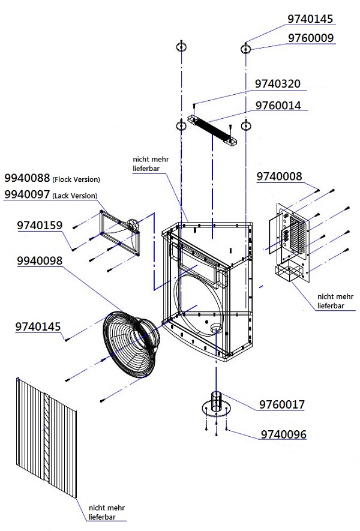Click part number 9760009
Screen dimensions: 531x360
310,38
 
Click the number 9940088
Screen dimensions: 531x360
28,178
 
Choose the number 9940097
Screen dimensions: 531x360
28,195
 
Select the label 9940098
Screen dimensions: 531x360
40,262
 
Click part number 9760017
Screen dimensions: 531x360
281,405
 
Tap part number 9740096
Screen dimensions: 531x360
283,434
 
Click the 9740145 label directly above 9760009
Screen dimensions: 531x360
310,19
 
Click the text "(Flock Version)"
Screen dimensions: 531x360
76,179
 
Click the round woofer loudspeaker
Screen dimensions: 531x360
129,345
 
